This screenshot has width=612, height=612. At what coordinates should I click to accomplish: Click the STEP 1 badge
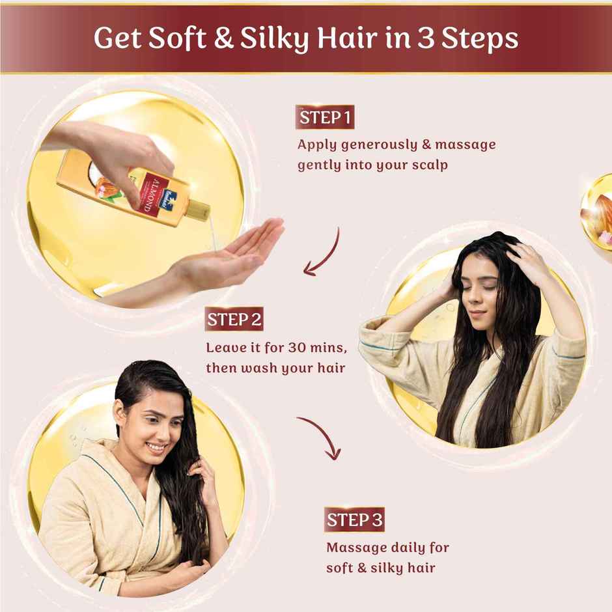point(325,117)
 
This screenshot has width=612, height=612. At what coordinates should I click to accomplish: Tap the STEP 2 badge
point(234,319)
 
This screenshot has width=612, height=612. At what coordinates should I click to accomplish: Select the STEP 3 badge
point(354,520)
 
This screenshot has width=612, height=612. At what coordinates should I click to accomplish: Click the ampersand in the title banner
point(223,38)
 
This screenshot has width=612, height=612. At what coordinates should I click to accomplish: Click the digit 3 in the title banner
point(425,38)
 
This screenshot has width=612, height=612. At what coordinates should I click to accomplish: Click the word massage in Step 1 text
point(466,145)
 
